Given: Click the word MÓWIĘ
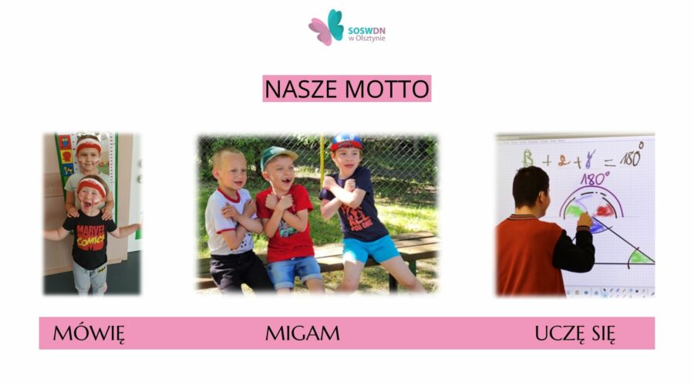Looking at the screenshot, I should pyautogui.click(x=89, y=334).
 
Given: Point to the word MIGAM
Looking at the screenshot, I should pyautogui.click(x=302, y=334).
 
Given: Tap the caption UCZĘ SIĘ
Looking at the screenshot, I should pyautogui.click(x=574, y=334).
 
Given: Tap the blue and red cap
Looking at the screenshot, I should pyautogui.click(x=346, y=141).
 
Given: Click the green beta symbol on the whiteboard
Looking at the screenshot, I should pyautogui.click(x=528, y=157).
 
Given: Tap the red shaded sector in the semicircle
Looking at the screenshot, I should pyautogui.click(x=605, y=209).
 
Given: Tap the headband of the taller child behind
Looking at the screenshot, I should pyautogui.click(x=89, y=144).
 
